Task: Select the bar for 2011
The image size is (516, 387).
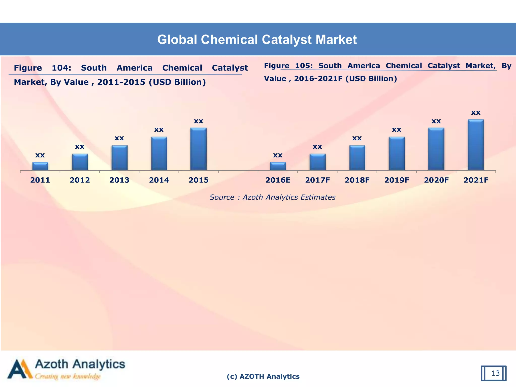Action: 40,167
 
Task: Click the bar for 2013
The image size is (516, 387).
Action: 119,158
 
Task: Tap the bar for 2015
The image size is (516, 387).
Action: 199,149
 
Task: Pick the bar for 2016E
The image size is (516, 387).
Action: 278,167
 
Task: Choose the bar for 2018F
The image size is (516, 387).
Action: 357,158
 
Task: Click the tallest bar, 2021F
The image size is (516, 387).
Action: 476,145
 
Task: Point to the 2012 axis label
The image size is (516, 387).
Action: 80,180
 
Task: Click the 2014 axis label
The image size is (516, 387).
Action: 159,180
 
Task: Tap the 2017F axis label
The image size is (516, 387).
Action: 317,180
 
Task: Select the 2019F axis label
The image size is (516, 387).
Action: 397,180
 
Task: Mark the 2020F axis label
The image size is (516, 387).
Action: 436,180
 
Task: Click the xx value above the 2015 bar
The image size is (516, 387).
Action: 199,121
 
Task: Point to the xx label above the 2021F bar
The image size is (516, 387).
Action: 476,113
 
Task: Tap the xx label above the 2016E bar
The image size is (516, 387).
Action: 278,155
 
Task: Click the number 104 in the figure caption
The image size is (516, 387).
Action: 61,68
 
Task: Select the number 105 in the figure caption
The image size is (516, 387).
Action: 303,66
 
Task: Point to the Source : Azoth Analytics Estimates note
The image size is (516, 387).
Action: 272,197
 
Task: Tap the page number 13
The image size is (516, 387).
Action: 495,373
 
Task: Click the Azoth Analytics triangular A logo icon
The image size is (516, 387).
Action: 20,369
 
